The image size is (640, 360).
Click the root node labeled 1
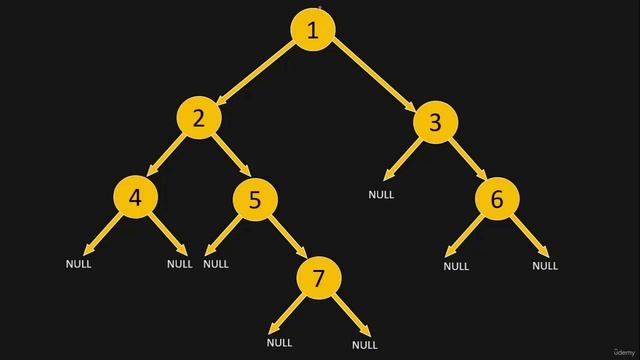(x=312, y=30)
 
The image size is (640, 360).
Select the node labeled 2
(x=199, y=118)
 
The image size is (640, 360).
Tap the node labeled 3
(x=434, y=122)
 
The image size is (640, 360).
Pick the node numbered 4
(x=136, y=196)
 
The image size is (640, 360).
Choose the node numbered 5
(x=255, y=200)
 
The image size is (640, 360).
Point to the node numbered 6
(x=497, y=200)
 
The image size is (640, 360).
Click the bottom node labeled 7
(x=319, y=279)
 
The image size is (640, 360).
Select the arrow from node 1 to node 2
(x=256, y=74)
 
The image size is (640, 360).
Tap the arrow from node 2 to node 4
(x=166, y=158)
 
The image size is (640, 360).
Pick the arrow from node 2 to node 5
(x=228, y=160)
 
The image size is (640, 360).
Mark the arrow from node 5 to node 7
(x=288, y=240)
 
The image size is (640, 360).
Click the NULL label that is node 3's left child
(x=381, y=195)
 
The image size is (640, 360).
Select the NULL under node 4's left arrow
(x=78, y=264)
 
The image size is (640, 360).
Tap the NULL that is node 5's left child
(x=216, y=264)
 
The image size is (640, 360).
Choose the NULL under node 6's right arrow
(x=545, y=266)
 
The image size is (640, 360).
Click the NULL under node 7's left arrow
(x=280, y=343)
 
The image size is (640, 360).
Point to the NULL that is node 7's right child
(x=365, y=345)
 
